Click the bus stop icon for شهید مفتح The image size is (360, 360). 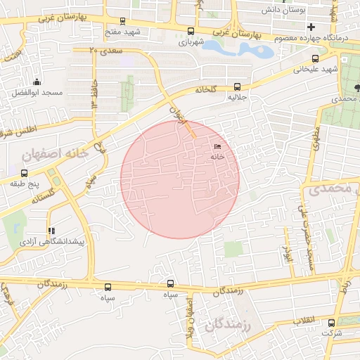pos(124,21)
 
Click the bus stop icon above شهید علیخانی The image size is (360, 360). pos(315,59)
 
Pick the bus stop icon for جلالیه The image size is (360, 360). pos(236,87)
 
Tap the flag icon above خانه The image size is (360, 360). pos(217,146)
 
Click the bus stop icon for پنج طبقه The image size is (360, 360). pos(25,173)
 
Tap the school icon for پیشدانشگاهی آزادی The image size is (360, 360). pos(51,231)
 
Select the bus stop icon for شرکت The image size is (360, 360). pos(331,323)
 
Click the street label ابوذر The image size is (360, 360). pos(286,251)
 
